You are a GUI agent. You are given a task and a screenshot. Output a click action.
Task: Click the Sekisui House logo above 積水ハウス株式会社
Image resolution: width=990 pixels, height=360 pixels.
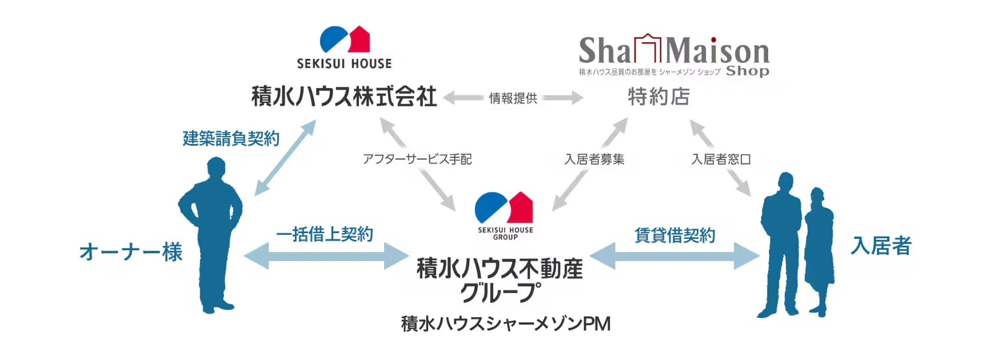tap(344, 47)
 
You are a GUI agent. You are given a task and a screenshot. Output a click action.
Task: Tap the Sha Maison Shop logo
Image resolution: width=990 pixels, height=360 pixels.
tap(674, 55)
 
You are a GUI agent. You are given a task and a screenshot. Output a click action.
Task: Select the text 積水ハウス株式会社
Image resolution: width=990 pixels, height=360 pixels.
tap(344, 96)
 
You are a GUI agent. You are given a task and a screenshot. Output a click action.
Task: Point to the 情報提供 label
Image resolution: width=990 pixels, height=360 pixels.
tap(513, 98)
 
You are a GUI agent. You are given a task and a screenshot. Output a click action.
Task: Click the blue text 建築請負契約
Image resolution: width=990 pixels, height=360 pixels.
tap(231, 138)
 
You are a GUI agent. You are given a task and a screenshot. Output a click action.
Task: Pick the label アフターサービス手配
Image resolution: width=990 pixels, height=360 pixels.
tap(417, 159)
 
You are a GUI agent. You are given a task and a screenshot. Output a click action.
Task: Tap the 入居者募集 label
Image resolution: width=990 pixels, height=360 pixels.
tap(594, 159)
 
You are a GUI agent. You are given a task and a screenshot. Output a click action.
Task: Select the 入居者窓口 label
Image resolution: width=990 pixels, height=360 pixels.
tap(721, 159)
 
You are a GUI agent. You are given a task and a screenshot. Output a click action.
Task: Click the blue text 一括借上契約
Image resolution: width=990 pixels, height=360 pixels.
tap(325, 234)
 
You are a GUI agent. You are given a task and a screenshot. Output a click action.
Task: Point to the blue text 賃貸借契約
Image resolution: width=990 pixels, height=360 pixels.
tap(675, 235)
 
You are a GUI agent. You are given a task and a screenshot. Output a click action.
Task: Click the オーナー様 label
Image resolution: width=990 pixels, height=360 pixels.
tap(131, 252)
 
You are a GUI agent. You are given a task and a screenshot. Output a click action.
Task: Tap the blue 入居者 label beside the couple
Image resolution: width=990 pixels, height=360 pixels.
tap(881, 246)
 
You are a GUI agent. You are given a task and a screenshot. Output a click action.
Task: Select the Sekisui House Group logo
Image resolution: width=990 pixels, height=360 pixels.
tap(505, 215)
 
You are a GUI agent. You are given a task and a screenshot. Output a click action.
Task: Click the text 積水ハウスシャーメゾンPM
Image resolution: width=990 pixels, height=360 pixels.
tap(506, 324)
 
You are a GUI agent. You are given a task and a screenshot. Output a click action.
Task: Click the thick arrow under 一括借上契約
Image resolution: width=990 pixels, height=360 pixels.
tap(326, 256)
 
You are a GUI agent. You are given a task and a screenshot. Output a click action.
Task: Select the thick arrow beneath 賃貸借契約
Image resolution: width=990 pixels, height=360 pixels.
tap(674, 256)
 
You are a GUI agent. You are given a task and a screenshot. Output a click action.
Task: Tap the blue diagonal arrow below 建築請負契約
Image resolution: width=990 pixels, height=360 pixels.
tap(285, 158)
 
